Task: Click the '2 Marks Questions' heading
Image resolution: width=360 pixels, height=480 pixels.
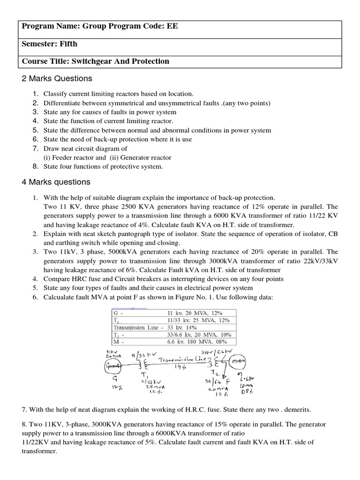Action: [x=57, y=78]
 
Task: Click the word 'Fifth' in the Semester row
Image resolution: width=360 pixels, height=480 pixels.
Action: [x=68, y=44]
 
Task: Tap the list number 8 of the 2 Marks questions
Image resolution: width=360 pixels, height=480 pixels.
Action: [x=35, y=166]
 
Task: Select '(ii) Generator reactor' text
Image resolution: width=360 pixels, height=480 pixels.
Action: [x=141, y=157]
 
